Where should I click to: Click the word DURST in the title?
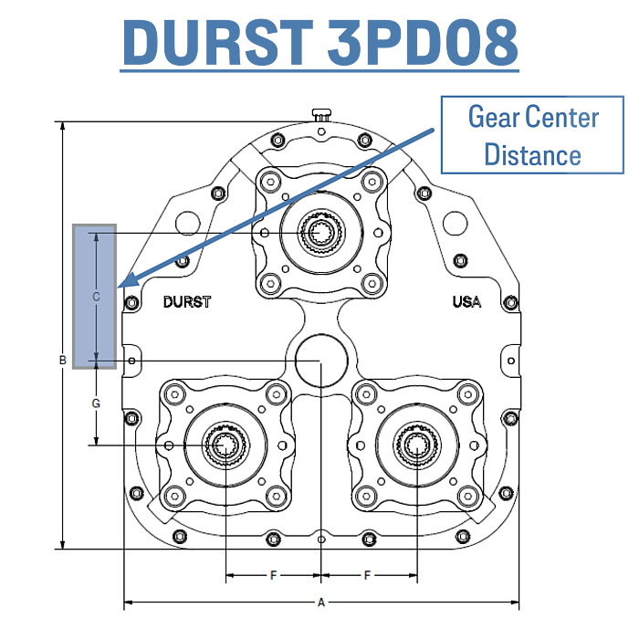point(218,43)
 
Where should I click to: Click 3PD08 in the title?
point(422,43)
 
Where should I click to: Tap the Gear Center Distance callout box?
point(532,135)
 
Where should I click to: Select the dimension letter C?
point(96,297)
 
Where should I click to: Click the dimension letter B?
point(63,360)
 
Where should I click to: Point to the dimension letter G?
point(96,403)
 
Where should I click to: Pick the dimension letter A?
point(321,602)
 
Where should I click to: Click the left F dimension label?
point(273,575)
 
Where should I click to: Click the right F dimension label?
point(367,575)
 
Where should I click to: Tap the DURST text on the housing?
point(187,302)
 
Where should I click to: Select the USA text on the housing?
point(467,301)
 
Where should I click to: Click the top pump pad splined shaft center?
point(320,233)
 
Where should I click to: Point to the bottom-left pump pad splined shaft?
point(225,445)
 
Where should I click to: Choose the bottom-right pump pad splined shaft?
point(417,445)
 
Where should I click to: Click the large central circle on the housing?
point(321,361)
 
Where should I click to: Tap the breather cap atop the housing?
point(321,114)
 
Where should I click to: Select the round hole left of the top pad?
point(188,224)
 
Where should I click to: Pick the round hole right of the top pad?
point(455,224)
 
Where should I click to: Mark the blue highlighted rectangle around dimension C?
point(95,297)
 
